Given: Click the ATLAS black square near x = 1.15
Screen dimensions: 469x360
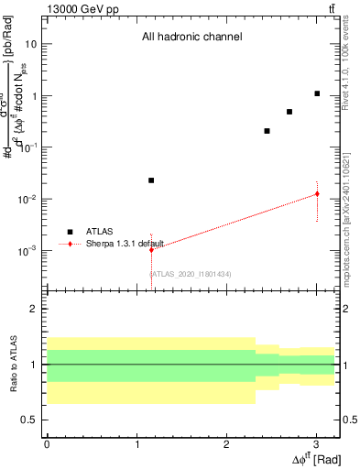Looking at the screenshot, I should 151,180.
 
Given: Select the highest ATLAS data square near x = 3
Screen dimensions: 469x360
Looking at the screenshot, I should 317,93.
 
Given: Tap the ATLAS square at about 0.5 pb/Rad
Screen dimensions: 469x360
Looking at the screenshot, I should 289,112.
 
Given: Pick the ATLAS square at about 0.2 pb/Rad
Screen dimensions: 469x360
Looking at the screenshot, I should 267,131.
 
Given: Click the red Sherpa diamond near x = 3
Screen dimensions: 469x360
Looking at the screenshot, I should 317,193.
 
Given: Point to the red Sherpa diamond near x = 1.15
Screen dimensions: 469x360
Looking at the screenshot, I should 151,249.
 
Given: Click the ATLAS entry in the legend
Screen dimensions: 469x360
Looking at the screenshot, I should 96,232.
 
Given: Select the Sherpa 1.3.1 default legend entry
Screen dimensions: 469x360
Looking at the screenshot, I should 110,244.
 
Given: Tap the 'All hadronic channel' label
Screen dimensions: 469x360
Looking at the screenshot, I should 191,38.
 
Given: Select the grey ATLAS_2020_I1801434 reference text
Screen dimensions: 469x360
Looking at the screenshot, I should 191,274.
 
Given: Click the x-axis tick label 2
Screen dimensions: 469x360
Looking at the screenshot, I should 226,442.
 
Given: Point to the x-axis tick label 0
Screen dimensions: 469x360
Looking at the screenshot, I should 47,442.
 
